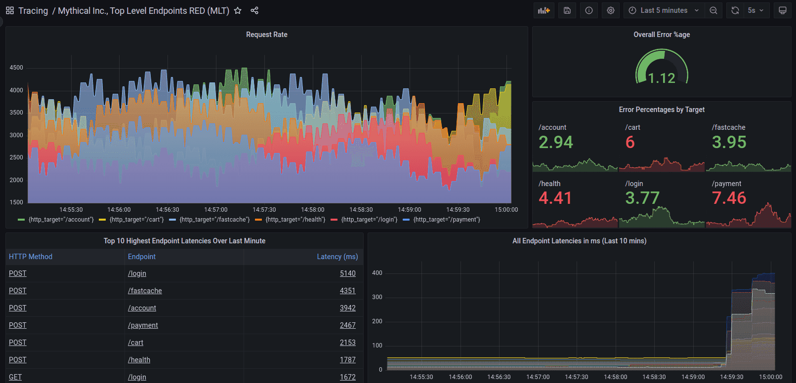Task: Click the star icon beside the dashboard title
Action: click(238, 10)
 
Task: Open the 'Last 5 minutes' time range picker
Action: click(664, 10)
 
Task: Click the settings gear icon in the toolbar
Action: click(611, 10)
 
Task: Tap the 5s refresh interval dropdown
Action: click(755, 10)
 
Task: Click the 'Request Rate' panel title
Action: click(266, 35)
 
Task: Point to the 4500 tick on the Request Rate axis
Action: click(16, 68)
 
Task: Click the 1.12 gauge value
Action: click(662, 78)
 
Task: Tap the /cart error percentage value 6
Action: click(630, 142)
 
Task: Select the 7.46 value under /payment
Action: click(729, 198)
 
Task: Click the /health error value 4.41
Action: click(555, 198)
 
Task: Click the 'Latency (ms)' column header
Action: click(337, 257)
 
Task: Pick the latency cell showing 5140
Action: click(347, 273)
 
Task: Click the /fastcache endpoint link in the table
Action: click(145, 291)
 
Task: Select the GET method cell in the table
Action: click(15, 377)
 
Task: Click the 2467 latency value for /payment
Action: click(347, 325)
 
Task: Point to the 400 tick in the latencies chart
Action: click(377, 273)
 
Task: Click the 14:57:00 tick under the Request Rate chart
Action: click(216, 210)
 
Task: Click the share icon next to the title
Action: click(254, 10)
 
